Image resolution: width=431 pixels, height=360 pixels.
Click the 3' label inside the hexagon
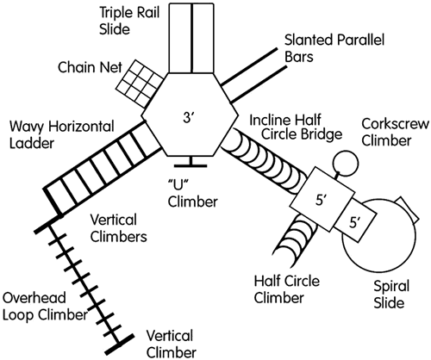coord(188,118)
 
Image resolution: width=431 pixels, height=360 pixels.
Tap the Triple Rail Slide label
coord(129,21)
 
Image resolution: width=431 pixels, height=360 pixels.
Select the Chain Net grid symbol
coord(141,84)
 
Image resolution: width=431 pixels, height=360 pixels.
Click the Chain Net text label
coord(90,68)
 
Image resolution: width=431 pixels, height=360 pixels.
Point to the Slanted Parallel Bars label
coord(334,48)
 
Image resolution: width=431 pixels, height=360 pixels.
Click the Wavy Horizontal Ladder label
coord(62,135)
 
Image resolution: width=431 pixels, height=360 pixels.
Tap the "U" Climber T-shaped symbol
coord(191,162)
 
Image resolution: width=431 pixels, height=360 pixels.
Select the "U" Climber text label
coord(192,194)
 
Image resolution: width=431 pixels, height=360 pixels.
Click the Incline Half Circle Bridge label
coord(296,127)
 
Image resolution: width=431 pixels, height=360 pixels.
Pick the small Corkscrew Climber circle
coord(346,163)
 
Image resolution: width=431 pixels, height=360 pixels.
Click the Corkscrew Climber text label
coord(396,133)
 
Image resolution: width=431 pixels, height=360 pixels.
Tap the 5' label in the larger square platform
coord(322,200)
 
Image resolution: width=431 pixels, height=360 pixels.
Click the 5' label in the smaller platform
coord(355,222)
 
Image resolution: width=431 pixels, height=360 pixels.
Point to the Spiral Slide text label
coord(390,295)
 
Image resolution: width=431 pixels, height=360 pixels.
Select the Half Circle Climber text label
coord(287,289)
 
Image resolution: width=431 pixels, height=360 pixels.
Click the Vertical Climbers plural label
coord(118,228)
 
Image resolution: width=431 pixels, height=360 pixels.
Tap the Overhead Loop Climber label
coord(45,307)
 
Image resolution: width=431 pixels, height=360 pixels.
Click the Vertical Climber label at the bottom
coord(172,344)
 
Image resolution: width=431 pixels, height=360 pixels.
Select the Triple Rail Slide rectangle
coord(191,38)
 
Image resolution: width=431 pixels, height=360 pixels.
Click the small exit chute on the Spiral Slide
coord(408,210)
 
